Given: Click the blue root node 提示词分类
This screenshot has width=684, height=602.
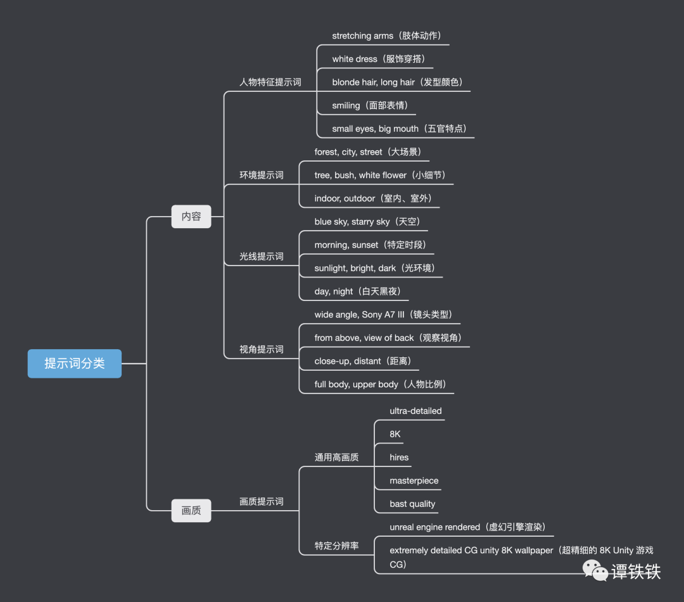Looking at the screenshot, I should [x=74, y=364].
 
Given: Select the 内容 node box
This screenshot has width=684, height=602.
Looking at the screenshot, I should [x=191, y=217].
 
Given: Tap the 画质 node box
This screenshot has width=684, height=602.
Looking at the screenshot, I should [x=191, y=510].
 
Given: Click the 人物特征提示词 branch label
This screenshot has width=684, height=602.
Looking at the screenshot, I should [x=270, y=82].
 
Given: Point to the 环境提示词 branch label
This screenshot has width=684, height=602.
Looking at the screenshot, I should [x=261, y=176].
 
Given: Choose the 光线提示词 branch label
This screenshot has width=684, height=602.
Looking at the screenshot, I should [x=261, y=257].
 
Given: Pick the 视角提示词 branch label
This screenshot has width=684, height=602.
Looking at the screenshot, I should [x=261, y=350].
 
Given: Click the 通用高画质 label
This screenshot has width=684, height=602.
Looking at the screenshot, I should [x=336, y=458].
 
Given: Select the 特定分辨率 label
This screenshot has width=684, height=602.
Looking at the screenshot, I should [x=336, y=546].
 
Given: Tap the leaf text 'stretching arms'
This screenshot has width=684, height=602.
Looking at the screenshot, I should [x=362, y=36].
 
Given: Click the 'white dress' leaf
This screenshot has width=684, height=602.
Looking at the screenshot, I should [x=354, y=59].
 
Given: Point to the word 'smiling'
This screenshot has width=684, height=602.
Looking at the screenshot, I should [x=346, y=106].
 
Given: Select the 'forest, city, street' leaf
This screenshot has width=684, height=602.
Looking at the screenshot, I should [x=348, y=152].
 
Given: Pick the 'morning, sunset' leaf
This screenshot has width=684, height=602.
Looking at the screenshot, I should [x=346, y=245].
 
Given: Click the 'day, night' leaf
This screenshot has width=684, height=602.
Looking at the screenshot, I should [x=334, y=291].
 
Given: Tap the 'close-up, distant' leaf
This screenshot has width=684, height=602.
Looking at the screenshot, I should [x=348, y=361].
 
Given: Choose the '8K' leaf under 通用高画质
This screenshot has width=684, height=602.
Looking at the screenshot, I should [x=395, y=434].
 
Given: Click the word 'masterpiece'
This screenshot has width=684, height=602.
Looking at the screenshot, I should [x=414, y=481].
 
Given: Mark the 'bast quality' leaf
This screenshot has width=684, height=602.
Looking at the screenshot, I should [x=412, y=504].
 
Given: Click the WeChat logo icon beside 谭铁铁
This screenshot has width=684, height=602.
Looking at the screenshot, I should [x=595, y=571].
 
